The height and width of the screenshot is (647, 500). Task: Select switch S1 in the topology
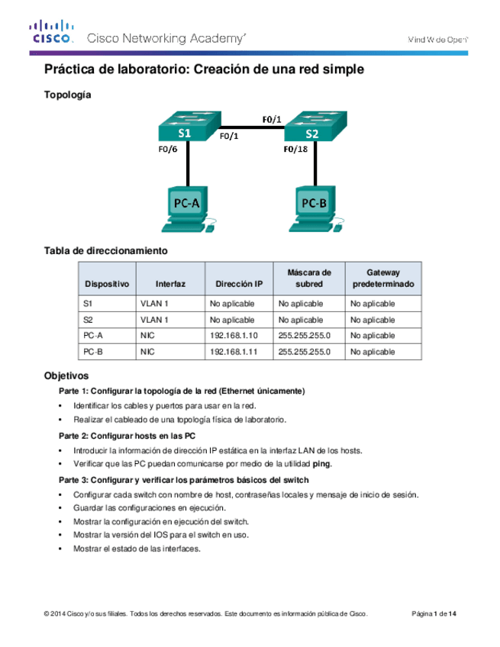(x=188, y=128)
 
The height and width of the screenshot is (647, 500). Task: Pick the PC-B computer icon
(x=313, y=208)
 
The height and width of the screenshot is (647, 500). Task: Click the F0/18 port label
(x=296, y=150)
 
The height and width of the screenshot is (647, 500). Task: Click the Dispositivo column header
(x=106, y=283)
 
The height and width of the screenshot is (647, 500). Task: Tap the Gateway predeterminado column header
(x=382, y=278)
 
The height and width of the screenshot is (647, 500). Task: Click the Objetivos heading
(x=66, y=376)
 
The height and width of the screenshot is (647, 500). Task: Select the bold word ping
(x=323, y=464)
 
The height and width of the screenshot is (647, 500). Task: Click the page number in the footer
(x=434, y=614)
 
